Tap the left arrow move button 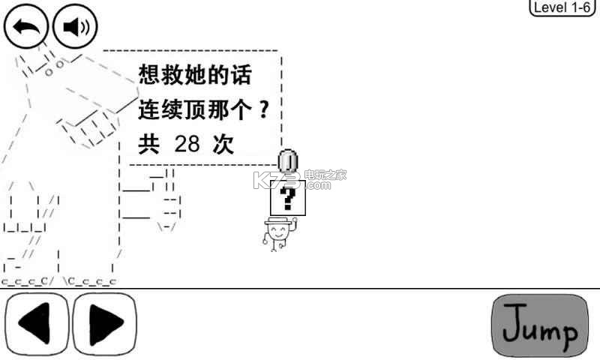tap(37, 325)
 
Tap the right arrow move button tap(105, 325)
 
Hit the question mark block tap(288, 199)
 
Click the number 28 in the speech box tap(187, 144)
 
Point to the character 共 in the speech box tap(149, 144)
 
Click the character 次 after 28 tap(223, 144)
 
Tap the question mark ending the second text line tap(262, 110)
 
